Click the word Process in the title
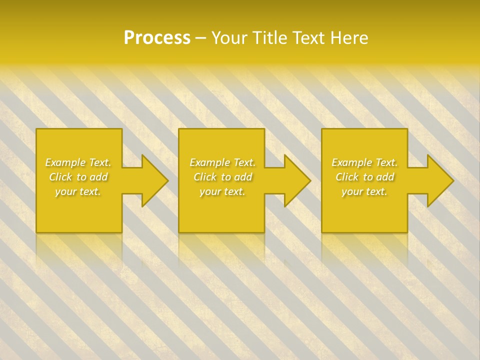point(157,38)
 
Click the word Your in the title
point(230,38)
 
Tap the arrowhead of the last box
point(439,180)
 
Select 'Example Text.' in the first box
point(78,162)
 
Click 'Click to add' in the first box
point(78,177)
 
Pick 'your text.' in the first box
point(78,191)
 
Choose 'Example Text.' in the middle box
point(222,162)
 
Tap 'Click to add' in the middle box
point(222,177)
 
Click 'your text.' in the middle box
point(222,191)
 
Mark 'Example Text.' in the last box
point(364,162)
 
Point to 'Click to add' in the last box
point(364,177)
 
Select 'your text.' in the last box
point(364,191)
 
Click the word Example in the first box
point(65,162)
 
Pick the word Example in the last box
point(352,162)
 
